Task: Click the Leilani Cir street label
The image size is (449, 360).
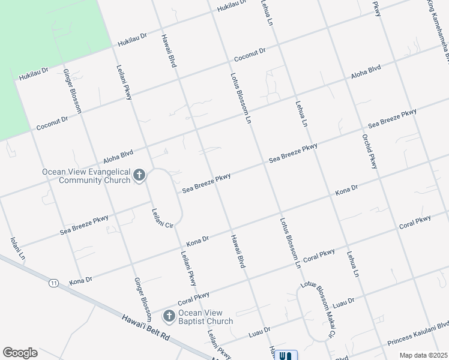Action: coord(162,217)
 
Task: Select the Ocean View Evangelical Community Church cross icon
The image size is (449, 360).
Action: coord(139,176)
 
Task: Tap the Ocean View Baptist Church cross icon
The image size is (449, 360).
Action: coord(169,316)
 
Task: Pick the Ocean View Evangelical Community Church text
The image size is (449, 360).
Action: coord(86,176)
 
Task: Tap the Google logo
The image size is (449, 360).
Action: coord(20,353)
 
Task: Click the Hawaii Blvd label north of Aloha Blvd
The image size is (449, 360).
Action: coord(167,50)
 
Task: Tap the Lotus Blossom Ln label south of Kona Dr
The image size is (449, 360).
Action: coord(289,242)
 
